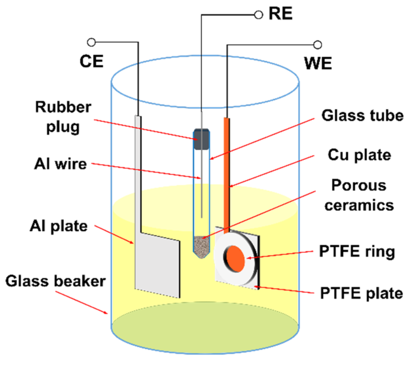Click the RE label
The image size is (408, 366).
[280, 14]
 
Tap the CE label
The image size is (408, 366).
[91, 61]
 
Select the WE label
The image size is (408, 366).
[318, 63]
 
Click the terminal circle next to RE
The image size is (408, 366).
[258, 15]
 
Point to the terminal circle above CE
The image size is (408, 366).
[91, 42]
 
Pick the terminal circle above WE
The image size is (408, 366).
[317, 45]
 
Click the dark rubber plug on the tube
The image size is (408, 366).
[201, 139]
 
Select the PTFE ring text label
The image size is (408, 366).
[357, 252]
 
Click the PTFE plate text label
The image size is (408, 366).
[361, 293]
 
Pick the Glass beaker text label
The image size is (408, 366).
[55, 281]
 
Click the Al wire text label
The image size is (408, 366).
[60, 164]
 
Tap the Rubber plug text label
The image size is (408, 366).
[63, 117]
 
